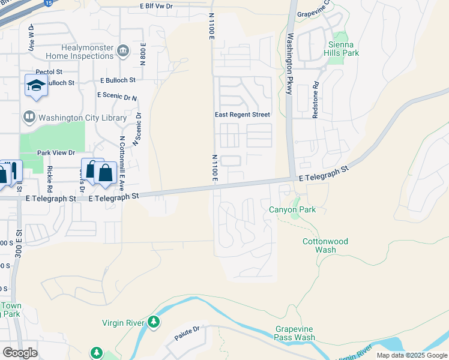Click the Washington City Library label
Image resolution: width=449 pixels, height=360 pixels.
point(68,118)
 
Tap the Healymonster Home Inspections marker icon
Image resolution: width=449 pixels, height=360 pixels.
point(124,50)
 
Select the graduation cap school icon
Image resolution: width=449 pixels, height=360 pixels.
point(36,85)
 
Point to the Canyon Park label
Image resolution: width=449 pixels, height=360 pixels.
point(292,209)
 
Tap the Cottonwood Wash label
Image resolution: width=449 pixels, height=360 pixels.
point(325,245)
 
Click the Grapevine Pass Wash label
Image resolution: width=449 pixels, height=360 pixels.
point(295,333)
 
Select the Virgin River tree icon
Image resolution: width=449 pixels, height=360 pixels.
point(154,323)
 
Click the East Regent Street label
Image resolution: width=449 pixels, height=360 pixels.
point(243,115)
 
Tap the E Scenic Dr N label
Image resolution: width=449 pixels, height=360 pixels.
point(117,96)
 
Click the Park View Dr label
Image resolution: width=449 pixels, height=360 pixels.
point(56,153)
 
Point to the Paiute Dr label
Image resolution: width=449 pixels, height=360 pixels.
point(186,331)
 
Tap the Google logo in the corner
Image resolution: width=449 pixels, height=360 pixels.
point(20,352)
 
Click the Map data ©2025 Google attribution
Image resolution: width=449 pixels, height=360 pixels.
point(412,355)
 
